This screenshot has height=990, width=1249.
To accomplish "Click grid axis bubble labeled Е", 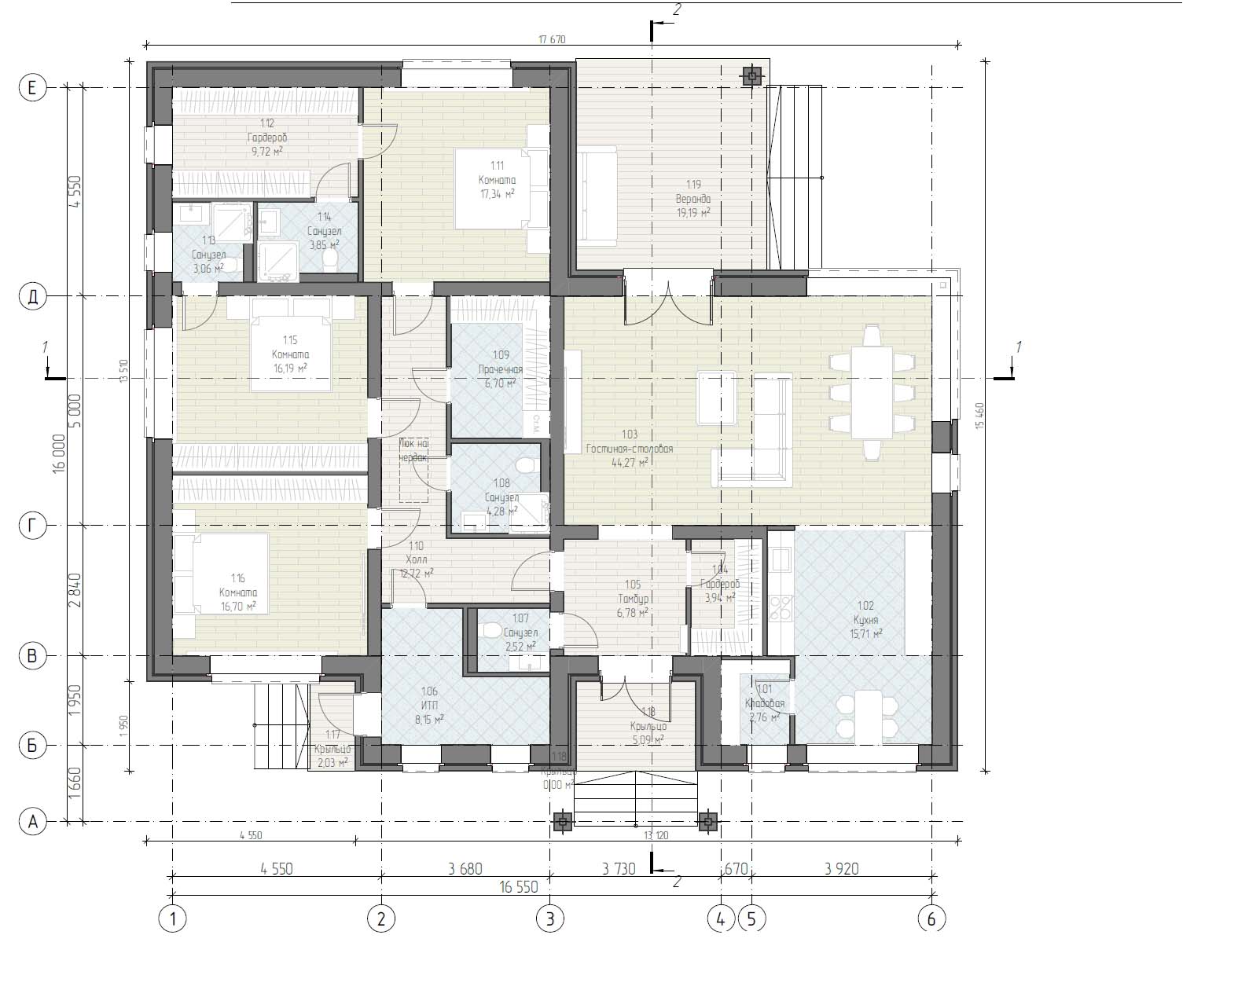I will click(32, 88).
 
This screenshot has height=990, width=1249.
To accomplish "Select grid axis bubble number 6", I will click(931, 918).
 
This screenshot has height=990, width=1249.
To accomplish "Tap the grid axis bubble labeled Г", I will click(32, 526).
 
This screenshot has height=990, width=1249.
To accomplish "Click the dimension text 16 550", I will click(518, 886).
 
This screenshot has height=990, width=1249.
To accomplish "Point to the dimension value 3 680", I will click(465, 868).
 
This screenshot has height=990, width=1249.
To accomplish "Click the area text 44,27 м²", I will click(629, 463).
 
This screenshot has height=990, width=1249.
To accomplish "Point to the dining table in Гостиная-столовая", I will click(872, 393).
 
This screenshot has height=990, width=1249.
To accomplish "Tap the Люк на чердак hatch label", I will click(413, 450).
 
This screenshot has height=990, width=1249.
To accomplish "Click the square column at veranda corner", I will click(752, 75).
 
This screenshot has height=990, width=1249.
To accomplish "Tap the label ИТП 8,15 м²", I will click(429, 705).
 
